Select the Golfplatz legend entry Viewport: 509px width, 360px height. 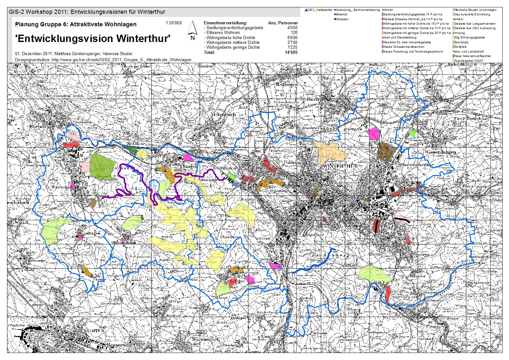pyautogui.click(x=461, y=47)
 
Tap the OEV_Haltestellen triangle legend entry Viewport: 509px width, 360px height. pyautogui.click(x=319, y=10)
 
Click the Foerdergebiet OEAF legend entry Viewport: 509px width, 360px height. pyautogui.click(x=468, y=61)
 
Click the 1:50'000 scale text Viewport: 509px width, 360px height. pyautogui.click(x=174, y=23)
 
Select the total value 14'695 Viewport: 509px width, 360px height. pyautogui.click(x=291, y=52)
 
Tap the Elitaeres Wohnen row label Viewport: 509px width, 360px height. pyautogui.click(x=223, y=32)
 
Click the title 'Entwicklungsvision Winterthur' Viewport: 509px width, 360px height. pyautogui.click(x=93, y=38)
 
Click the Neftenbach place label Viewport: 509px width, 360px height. pyautogui.click(x=223, y=114)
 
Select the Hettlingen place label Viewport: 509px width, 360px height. pyautogui.click(x=286, y=84)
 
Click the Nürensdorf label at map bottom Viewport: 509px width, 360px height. pyautogui.click(x=205, y=339)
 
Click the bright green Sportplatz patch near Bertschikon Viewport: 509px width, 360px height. pyautogui.click(x=413, y=133)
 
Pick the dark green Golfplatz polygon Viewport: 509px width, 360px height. pyautogui.click(x=101, y=165)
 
